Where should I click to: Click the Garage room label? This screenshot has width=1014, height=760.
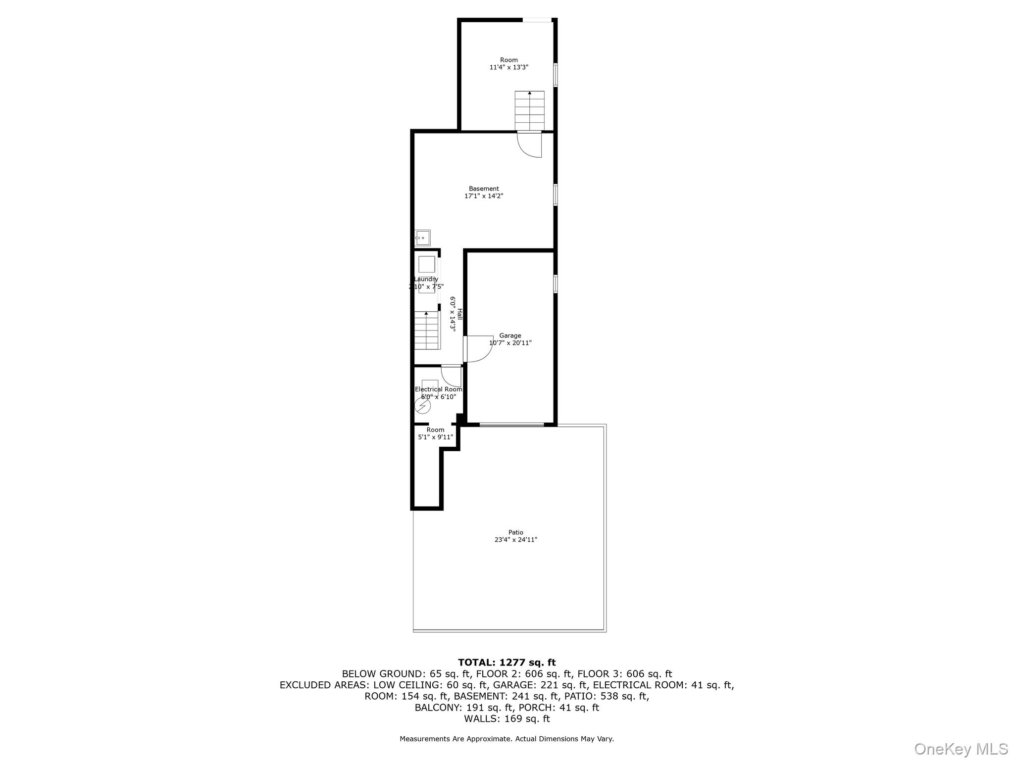[x=510, y=335]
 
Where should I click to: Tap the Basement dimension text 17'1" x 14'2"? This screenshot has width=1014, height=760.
[x=483, y=196]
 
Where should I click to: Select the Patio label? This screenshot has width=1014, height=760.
[x=515, y=532]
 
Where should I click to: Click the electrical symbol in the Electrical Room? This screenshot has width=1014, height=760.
[x=423, y=406]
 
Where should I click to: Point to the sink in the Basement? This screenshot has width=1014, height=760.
[x=422, y=238]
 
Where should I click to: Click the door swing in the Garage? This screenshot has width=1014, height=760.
[x=479, y=349]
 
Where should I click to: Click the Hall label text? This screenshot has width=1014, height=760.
[x=459, y=314]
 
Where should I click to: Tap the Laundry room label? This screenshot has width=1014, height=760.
[x=426, y=279]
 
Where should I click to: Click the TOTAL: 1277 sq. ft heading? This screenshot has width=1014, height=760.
[x=507, y=663]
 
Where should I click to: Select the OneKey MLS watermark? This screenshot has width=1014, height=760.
[x=961, y=749]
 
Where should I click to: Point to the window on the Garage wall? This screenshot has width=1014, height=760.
[x=556, y=284]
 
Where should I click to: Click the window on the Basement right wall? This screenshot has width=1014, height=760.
[x=556, y=194]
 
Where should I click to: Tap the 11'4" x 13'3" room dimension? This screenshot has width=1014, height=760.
[x=508, y=67]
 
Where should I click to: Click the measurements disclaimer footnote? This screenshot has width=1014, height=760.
[x=507, y=739]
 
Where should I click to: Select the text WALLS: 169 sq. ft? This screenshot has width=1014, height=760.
[x=507, y=718]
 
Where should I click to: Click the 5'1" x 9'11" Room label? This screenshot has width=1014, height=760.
[x=435, y=437]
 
